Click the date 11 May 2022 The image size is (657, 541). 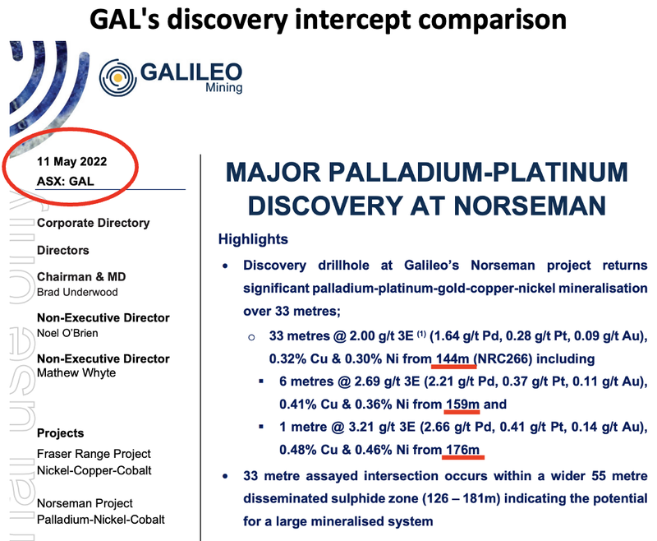(71, 161)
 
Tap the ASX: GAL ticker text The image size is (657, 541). (66, 181)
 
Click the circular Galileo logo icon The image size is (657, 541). (117, 77)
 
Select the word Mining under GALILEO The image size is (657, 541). (223, 88)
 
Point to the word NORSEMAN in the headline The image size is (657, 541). (530, 206)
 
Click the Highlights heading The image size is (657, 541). (253, 239)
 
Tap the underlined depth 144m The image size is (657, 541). (453, 358)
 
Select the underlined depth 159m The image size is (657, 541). (462, 404)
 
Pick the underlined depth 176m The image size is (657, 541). (462, 450)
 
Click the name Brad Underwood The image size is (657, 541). (77, 292)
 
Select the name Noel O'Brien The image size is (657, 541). (67, 333)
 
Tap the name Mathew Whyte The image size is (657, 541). (76, 372)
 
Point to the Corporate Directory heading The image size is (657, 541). (93, 223)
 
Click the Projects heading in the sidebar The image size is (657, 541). (60, 433)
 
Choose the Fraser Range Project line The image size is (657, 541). (94, 454)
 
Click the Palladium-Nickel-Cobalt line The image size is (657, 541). (100, 520)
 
